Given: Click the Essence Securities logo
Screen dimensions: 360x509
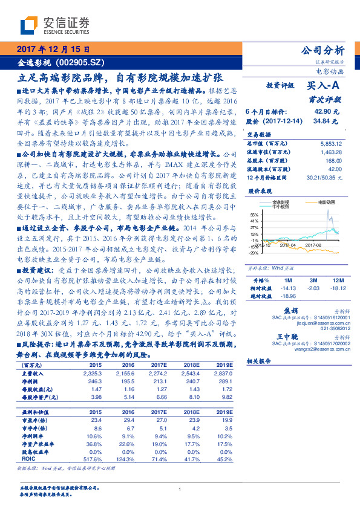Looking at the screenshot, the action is pos(54,25).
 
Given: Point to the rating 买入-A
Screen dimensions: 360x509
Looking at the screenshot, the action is pos(323,86).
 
